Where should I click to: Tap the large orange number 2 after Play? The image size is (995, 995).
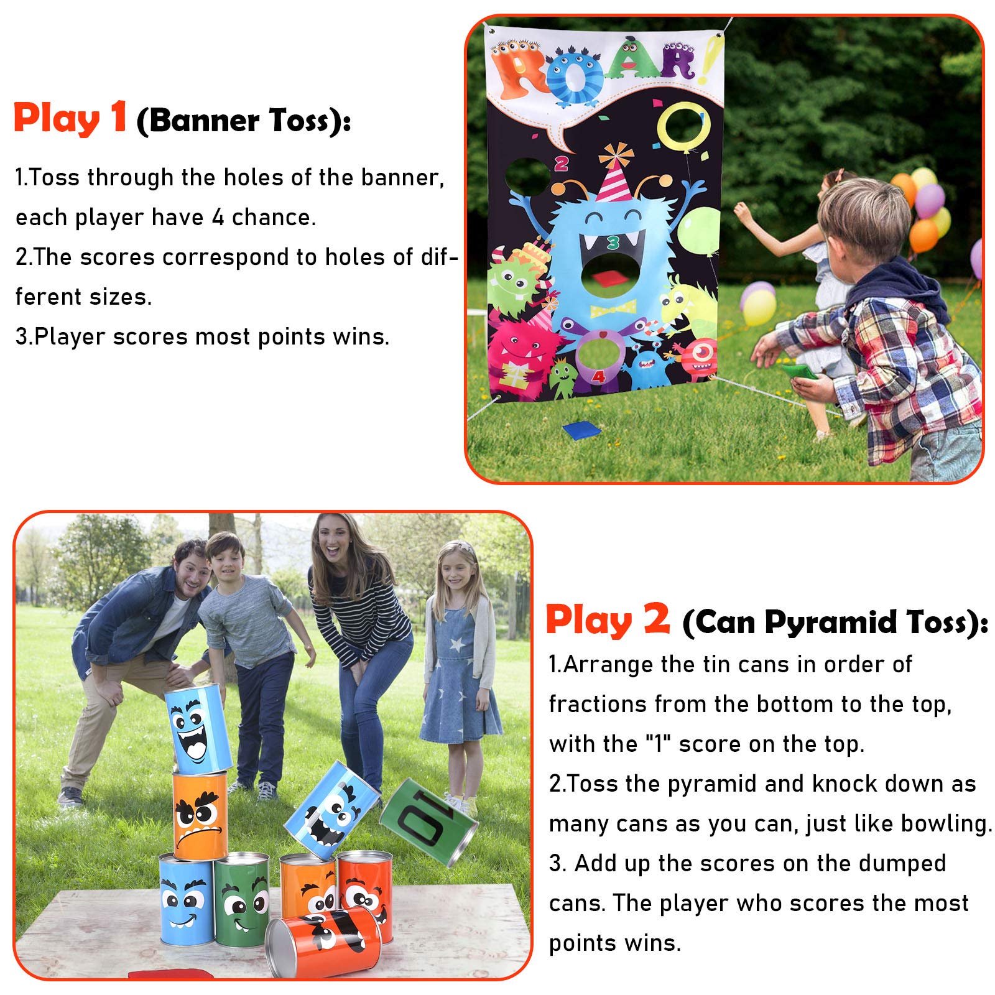point(656,619)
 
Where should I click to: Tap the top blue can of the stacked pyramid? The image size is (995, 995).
point(197,729)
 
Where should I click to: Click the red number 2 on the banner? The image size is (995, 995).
point(561,164)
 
